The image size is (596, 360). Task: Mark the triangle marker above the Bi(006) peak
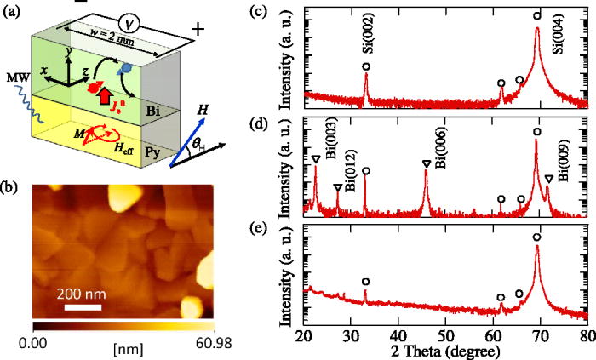click(x=427, y=163)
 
